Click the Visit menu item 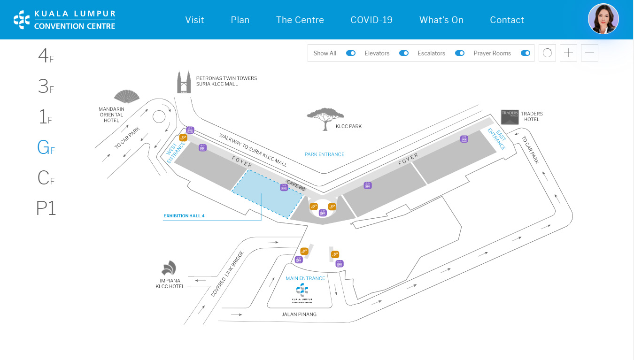point(194,20)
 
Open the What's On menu point(441,20)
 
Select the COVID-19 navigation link point(371,20)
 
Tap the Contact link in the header point(507,20)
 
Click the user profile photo point(603,19)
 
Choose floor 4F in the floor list point(46,56)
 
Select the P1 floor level point(46,208)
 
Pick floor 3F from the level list point(46,86)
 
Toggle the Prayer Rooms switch point(525,53)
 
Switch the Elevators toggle point(403,53)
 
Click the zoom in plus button point(568,53)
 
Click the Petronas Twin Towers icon point(184,82)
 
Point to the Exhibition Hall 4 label point(184,216)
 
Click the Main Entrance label point(305,278)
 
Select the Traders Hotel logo point(510,116)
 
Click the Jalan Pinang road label point(299,314)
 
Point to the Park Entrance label point(324,154)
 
